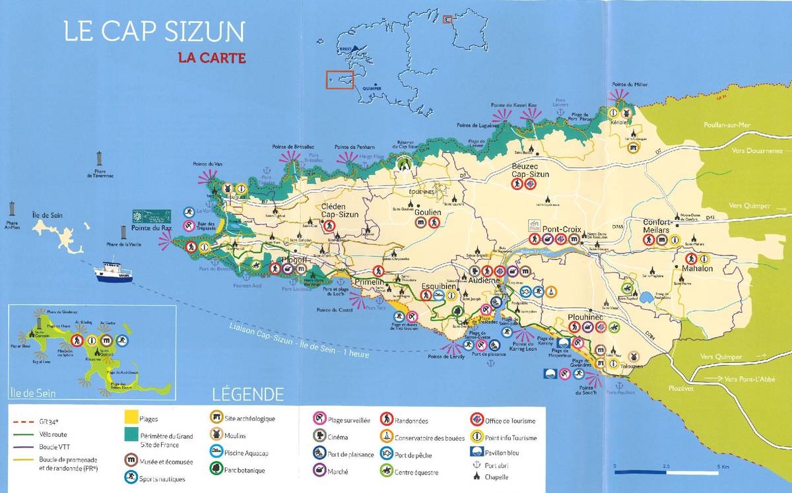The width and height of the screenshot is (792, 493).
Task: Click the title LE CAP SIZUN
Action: (x=154, y=32)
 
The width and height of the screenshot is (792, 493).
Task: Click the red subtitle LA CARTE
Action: (x=212, y=58)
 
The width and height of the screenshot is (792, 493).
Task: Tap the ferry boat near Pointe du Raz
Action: (x=114, y=271)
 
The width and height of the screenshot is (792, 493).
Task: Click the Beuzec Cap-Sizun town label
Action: (x=530, y=170)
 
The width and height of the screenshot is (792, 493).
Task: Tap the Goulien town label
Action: (x=427, y=213)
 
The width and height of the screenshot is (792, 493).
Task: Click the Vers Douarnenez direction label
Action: (x=757, y=150)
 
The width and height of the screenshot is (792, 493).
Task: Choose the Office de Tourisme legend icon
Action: (x=474, y=420)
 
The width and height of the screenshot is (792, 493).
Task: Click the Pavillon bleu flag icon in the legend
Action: (x=474, y=453)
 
